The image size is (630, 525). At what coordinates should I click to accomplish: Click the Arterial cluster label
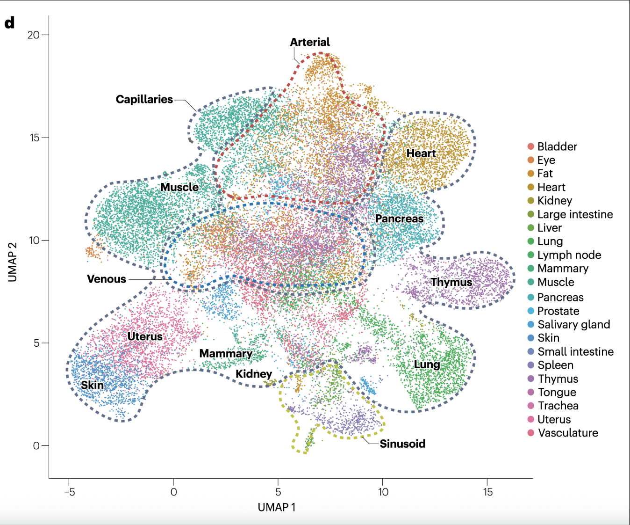310,42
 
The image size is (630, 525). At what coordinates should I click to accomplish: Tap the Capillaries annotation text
144,99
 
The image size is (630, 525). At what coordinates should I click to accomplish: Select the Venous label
107,279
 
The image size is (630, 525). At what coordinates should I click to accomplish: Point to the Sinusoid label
402,444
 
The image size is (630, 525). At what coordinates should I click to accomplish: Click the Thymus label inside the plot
451,282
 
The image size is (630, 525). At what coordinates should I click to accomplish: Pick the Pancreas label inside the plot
399,219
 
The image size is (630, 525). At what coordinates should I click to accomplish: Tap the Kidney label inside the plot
253,374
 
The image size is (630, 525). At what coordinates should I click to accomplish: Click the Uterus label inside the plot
145,336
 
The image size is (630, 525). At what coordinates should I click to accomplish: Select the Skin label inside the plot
92,385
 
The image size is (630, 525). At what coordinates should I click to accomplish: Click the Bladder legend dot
531,146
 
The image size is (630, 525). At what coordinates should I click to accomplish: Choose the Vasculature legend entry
567,433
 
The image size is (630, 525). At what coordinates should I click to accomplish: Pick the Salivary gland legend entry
573,324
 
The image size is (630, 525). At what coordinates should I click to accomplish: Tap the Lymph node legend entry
569,255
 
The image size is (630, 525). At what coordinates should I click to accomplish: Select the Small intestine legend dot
531,351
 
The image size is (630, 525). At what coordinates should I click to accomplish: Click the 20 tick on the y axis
33,35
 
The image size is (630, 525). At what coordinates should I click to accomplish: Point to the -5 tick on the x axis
69,492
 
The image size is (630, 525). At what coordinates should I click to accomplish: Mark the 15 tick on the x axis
487,492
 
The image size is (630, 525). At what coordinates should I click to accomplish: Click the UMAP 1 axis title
277,507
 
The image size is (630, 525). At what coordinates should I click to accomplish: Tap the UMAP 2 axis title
13,262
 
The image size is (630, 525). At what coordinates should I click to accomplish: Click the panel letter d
9,22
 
